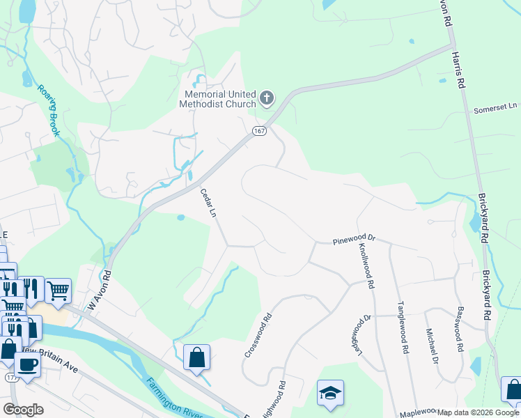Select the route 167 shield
pyautogui.click(x=259, y=131)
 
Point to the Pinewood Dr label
pyautogui.click(x=354, y=238)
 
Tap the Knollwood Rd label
pyautogui.click(x=366, y=265)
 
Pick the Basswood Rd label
pyautogui.click(x=459, y=328)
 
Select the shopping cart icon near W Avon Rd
pyautogui.click(x=58, y=290)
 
